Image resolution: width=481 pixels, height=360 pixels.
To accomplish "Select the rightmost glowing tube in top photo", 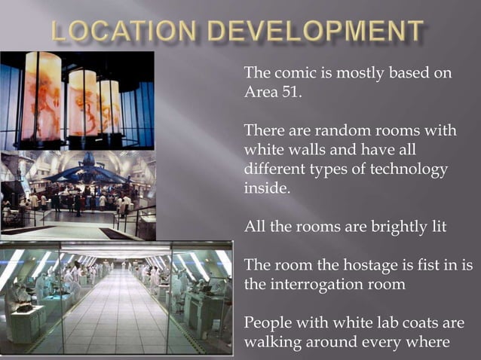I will pyautogui.click(x=110, y=105).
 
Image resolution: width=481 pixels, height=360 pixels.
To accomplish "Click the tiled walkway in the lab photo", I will pyautogui.click(x=113, y=316).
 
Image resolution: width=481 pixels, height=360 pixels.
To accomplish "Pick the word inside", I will pyautogui.click(x=265, y=188).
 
